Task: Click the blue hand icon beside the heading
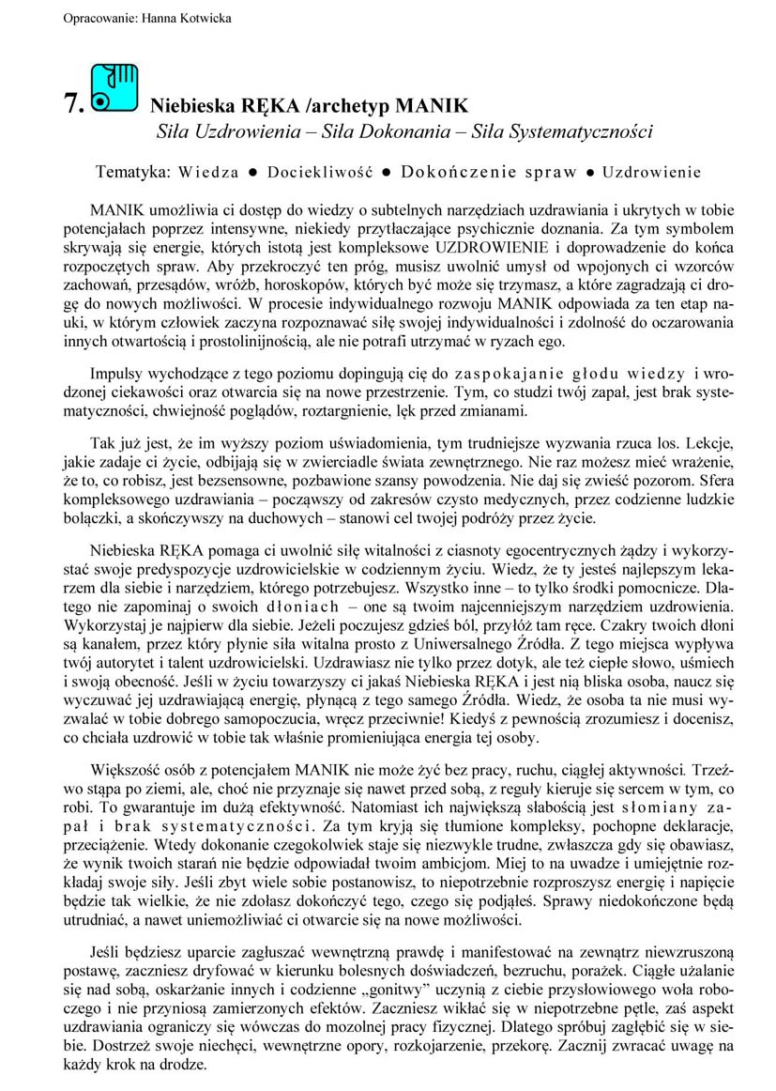[x=114, y=89]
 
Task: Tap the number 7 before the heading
[x=74, y=104]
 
